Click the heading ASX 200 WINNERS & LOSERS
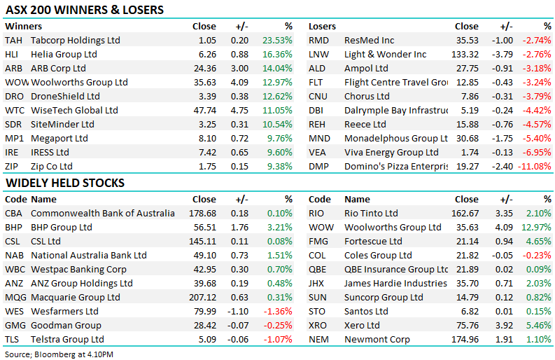(85, 10)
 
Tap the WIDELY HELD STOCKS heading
(65, 183)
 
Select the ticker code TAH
(13, 41)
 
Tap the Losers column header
(322, 27)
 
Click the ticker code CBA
(13, 214)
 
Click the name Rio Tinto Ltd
(371, 214)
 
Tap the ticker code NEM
(318, 340)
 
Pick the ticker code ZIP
(12, 167)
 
